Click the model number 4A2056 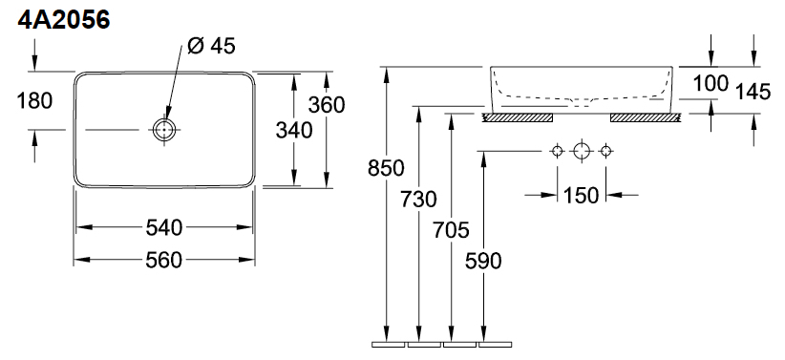[x=64, y=20]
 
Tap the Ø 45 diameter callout [x=211, y=46]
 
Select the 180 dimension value [x=34, y=100]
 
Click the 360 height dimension [x=327, y=105]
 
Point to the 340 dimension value [x=294, y=131]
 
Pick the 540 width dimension [x=163, y=228]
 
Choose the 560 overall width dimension [x=163, y=261]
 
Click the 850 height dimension [x=386, y=168]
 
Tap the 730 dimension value [x=418, y=200]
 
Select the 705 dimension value [x=451, y=230]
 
